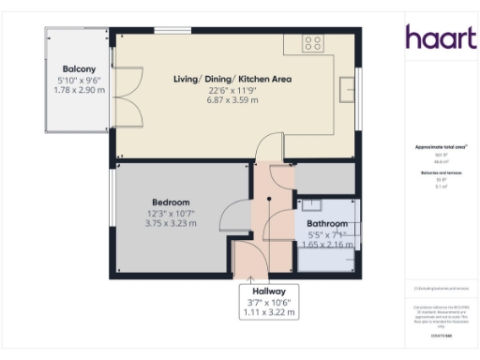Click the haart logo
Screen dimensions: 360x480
pos(436,37)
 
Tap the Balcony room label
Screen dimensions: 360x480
pos(76,68)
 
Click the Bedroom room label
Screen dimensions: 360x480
pos(171,202)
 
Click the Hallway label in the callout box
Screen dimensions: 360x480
pos(268,291)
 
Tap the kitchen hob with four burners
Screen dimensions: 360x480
pos(312,42)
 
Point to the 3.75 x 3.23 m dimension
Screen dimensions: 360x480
pos(171,224)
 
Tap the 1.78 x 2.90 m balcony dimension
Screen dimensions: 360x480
pos(76,90)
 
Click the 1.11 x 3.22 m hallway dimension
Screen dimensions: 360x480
pos(268,312)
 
